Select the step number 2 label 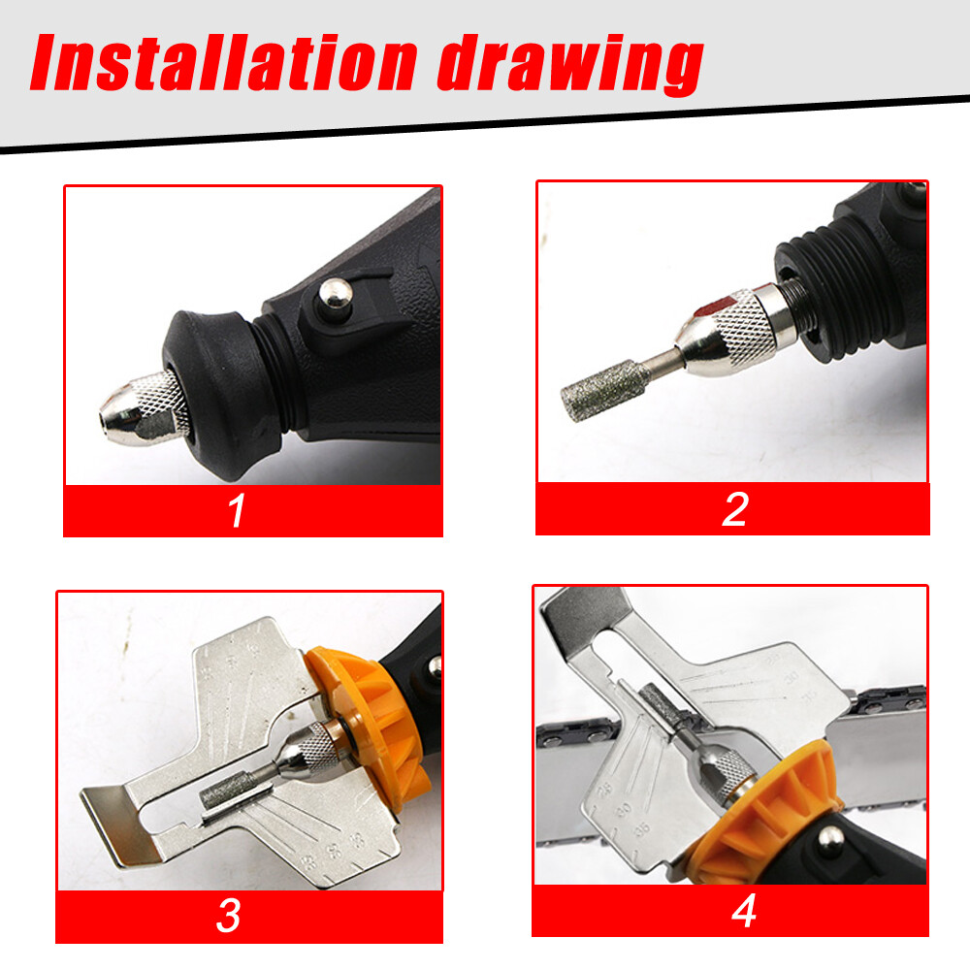tap(734, 508)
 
